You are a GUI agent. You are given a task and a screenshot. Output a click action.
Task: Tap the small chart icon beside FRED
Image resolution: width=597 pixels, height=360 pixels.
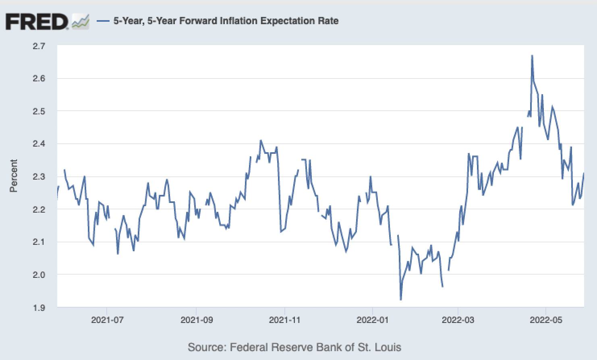81,21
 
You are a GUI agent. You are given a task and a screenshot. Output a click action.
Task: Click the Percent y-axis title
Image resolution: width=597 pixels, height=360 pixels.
14,176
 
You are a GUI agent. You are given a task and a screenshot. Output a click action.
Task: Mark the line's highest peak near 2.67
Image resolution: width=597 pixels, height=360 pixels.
532,56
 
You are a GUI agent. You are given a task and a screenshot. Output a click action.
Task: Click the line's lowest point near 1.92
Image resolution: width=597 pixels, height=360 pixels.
400,300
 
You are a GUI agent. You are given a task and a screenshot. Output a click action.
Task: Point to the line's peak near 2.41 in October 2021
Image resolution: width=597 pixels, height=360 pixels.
261,140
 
